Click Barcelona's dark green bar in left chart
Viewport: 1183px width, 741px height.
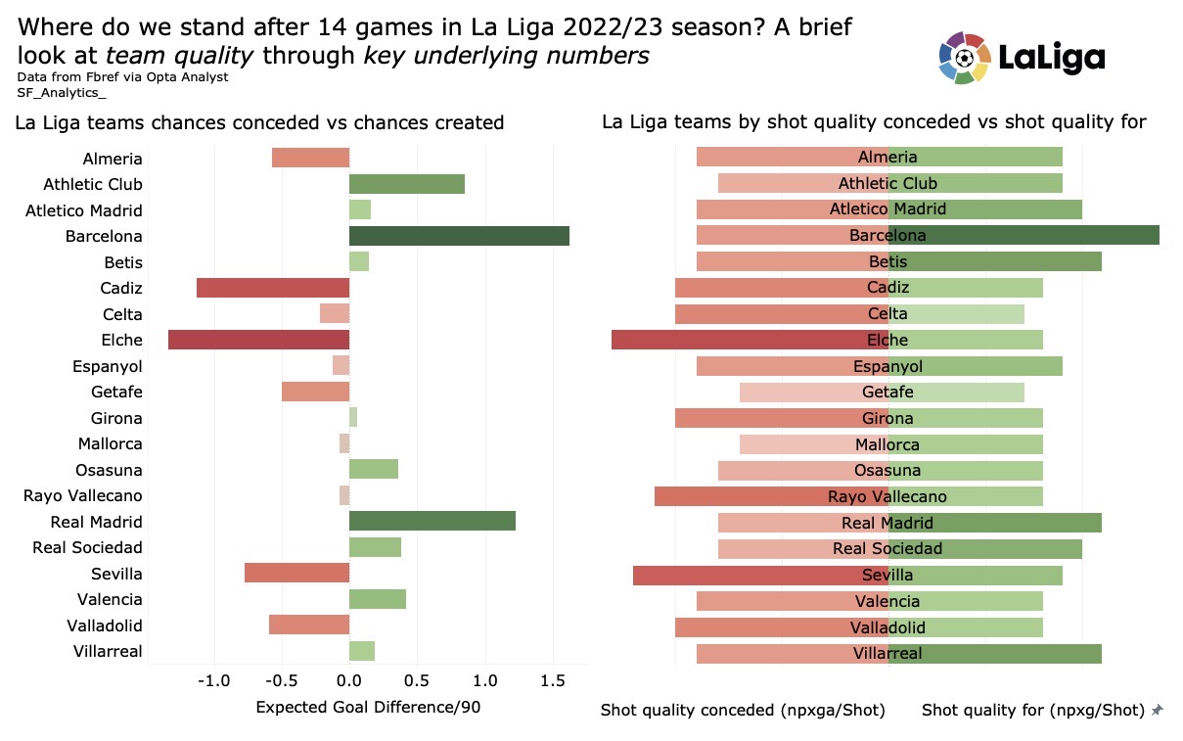point(459,236)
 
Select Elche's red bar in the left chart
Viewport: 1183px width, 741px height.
point(258,340)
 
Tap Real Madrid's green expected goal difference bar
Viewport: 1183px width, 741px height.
point(432,522)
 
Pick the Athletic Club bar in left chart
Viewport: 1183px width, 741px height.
point(406,184)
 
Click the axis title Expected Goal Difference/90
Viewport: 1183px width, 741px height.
point(368,707)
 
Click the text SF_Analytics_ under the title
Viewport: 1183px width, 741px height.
point(62,92)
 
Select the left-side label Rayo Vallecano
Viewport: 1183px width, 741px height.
point(83,495)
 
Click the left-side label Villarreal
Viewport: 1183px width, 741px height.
point(108,651)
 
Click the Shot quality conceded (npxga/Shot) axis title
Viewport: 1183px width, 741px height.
point(743,710)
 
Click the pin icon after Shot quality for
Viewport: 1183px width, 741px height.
point(1158,710)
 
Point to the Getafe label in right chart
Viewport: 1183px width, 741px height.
point(888,392)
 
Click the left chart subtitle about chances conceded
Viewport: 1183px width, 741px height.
point(259,123)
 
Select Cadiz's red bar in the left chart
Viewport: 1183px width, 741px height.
point(273,288)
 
